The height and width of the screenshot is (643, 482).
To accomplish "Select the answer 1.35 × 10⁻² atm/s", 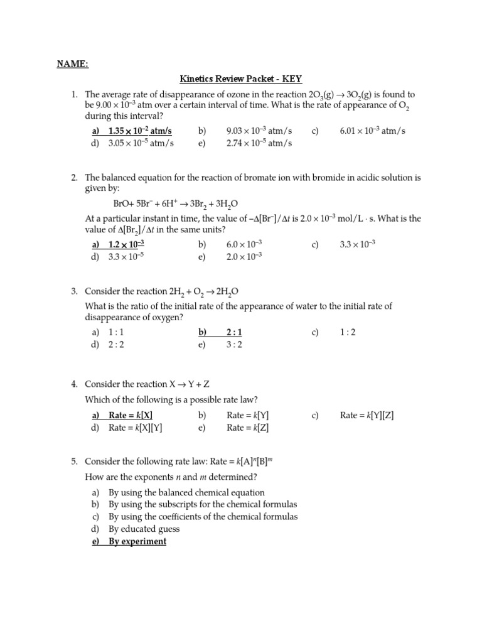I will (139, 131).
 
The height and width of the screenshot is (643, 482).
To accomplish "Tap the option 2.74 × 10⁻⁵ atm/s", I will (259, 143).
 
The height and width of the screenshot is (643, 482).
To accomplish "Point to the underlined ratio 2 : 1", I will (233, 332).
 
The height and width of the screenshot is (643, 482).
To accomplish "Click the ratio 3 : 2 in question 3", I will (233, 345).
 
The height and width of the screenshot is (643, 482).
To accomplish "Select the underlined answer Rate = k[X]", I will (131, 415).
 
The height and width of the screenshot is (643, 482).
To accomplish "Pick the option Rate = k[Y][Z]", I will (367, 415).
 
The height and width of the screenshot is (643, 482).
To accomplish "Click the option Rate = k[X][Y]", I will (135, 428).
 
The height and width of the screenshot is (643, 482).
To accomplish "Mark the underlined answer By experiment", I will (137, 541).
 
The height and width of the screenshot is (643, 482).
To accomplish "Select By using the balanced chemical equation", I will (186, 492).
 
